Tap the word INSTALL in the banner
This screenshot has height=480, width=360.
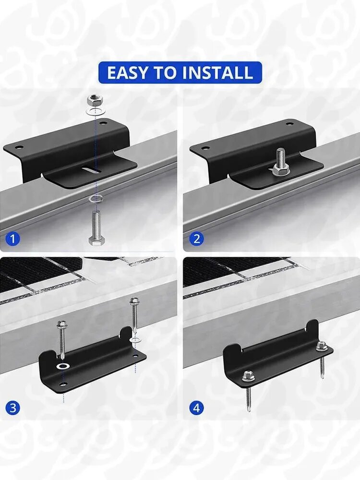point(217,73)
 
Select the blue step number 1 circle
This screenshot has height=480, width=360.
point(12,239)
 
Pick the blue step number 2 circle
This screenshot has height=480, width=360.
point(196,239)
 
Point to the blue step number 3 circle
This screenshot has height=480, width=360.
point(12,408)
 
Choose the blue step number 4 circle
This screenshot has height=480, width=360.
point(196,408)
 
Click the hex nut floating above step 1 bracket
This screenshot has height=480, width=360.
point(95,100)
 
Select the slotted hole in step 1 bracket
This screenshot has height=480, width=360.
point(91,169)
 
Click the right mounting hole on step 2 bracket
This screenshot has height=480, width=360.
point(289,124)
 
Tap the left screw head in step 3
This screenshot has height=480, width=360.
point(62,323)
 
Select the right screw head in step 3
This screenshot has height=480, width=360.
point(133,300)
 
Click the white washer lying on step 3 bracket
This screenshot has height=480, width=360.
point(63,366)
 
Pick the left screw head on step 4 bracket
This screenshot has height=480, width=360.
point(248,376)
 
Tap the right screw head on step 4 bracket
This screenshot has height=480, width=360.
point(322,347)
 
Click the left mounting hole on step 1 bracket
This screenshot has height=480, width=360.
point(19,147)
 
